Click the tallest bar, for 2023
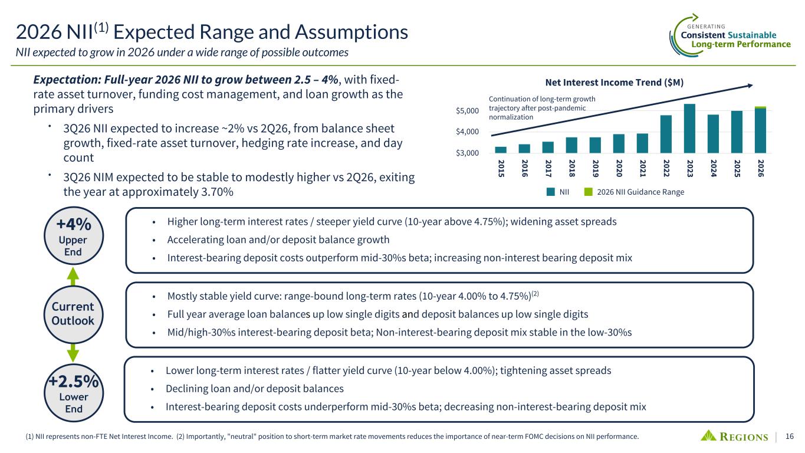[689, 129]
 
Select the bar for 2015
[501, 150]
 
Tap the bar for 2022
[666, 134]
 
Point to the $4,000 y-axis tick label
[467, 132]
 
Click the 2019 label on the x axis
[596, 168]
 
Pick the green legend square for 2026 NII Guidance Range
[589, 192]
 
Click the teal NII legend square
[551, 192]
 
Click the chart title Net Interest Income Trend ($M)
[614, 83]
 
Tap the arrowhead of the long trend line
[750, 86]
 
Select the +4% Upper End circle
[74, 236]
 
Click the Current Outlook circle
[73, 314]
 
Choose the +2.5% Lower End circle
[74, 393]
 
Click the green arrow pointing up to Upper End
[73, 276]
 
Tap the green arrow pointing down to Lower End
[73, 353]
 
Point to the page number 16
[790, 436]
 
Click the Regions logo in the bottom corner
[734, 436]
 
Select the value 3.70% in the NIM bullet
[217, 192]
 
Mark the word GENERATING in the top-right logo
[706, 27]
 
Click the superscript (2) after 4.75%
[535, 293]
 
